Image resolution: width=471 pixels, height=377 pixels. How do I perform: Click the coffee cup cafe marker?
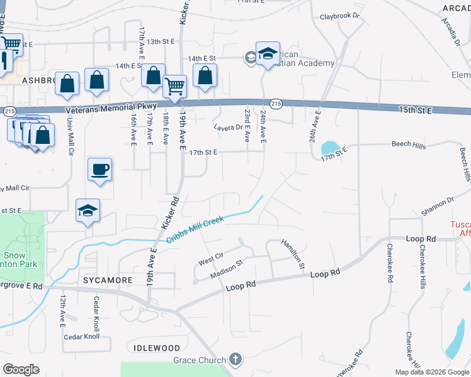pyautogui.click(x=100, y=168)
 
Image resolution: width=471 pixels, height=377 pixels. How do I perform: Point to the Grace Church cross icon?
pyautogui.click(x=235, y=359)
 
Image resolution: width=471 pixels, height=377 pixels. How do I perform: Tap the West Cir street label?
pyautogui.click(x=211, y=258)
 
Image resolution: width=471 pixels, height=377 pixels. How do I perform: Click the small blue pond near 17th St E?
pyautogui.click(x=329, y=148)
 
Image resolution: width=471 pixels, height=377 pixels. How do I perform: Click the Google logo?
pyautogui.click(x=21, y=369)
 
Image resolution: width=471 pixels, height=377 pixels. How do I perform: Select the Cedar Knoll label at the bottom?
pyautogui.click(x=82, y=336)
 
